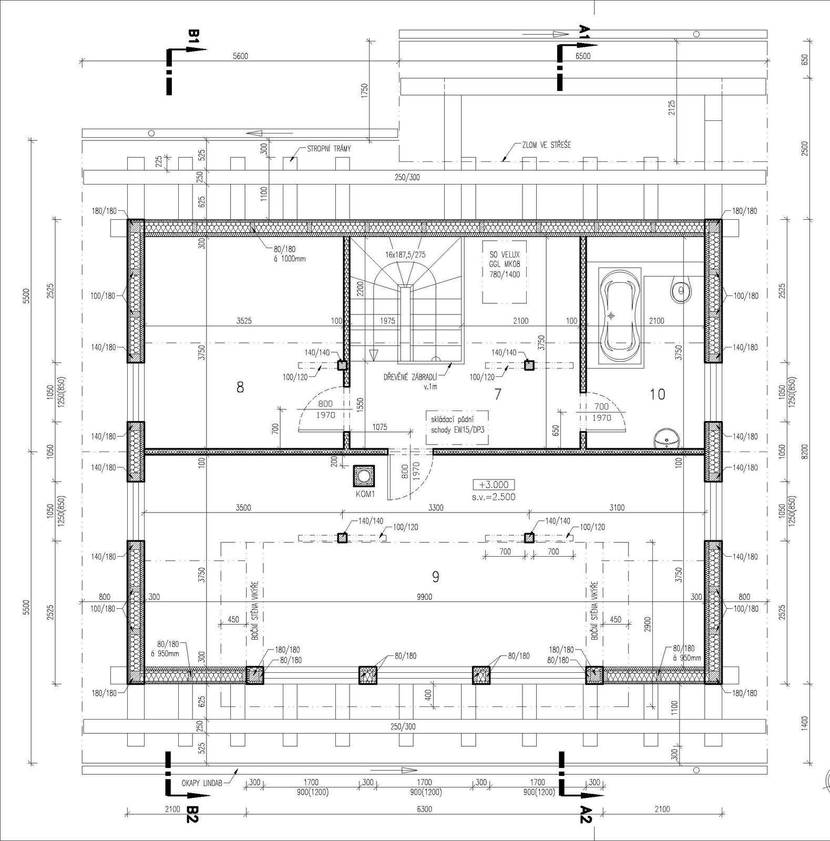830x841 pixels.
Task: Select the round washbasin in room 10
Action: pyautogui.click(x=666, y=438)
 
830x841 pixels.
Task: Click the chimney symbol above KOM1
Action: pyautogui.click(x=364, y=476)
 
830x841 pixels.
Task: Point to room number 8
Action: pyautogui.click(x=240, y=387)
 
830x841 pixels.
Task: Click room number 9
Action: pyautogui.click(x=435, y=577)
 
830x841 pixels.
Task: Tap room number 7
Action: pyautogui.click(x=498, y=393)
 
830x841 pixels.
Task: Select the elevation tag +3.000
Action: pyautogui.click(x=494, y=485)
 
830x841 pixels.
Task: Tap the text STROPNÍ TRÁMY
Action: pyautogui.click(x=329, y=149)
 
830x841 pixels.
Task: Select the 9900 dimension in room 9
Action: pyautogui.click(x=424, y=597)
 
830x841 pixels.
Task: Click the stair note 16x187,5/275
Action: pyautogui.click(x=406, y=254)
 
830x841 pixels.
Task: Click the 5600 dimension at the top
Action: pyautogui.click(x=240, y=56)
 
